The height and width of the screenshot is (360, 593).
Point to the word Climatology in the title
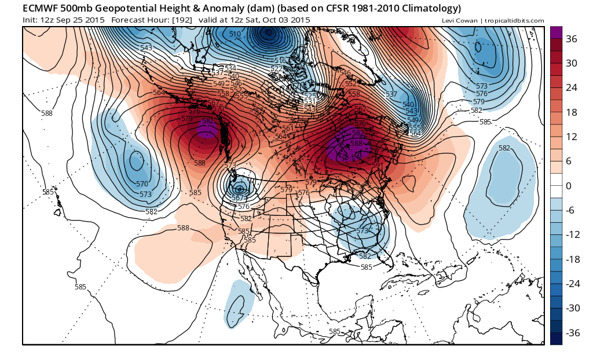pyautogui.click(x=428, y=9)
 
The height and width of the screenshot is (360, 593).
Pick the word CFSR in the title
pyautogui.click(x=310, y=9)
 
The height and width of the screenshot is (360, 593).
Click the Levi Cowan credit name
pyautogui.click(x=461, y=21)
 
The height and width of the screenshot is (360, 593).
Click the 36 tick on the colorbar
pyautogui.click(x=572, y=39)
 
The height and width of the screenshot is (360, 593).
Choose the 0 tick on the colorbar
pyautogui.click(x=569, y=185)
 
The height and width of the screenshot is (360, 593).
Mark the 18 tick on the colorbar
pyautogui.click(x=572, y=112)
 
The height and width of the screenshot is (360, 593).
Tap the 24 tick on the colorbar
pyautogui.click(x=572, y=88)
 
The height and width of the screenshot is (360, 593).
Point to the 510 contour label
pyautogui.click(x=235, y=35)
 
